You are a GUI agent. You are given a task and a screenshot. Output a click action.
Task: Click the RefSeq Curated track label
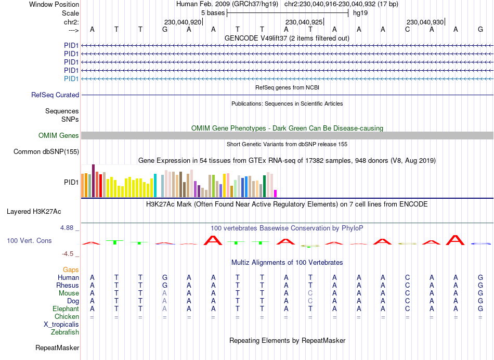55,95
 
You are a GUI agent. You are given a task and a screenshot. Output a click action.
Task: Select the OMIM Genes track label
59,135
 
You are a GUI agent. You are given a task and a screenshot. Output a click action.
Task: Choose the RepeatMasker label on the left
57,348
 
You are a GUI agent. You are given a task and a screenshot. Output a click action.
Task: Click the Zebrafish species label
65,332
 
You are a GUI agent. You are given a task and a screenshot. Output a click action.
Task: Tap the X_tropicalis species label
61,324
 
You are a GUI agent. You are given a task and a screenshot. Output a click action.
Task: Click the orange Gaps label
71,269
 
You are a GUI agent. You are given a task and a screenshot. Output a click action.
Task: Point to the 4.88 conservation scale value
70,228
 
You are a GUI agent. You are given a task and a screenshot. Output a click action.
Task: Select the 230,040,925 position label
304,22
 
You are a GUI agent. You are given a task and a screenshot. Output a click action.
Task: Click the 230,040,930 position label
425,22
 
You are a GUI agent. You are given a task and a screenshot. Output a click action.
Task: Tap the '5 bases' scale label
213,12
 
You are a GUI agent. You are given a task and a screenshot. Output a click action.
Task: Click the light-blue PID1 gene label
71,79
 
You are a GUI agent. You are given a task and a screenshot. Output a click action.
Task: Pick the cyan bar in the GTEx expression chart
155,186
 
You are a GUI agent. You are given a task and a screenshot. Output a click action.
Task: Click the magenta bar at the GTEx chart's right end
276,193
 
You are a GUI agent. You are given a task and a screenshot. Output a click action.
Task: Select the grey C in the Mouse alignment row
310,293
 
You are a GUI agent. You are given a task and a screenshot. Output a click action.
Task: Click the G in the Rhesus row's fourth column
165,285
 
